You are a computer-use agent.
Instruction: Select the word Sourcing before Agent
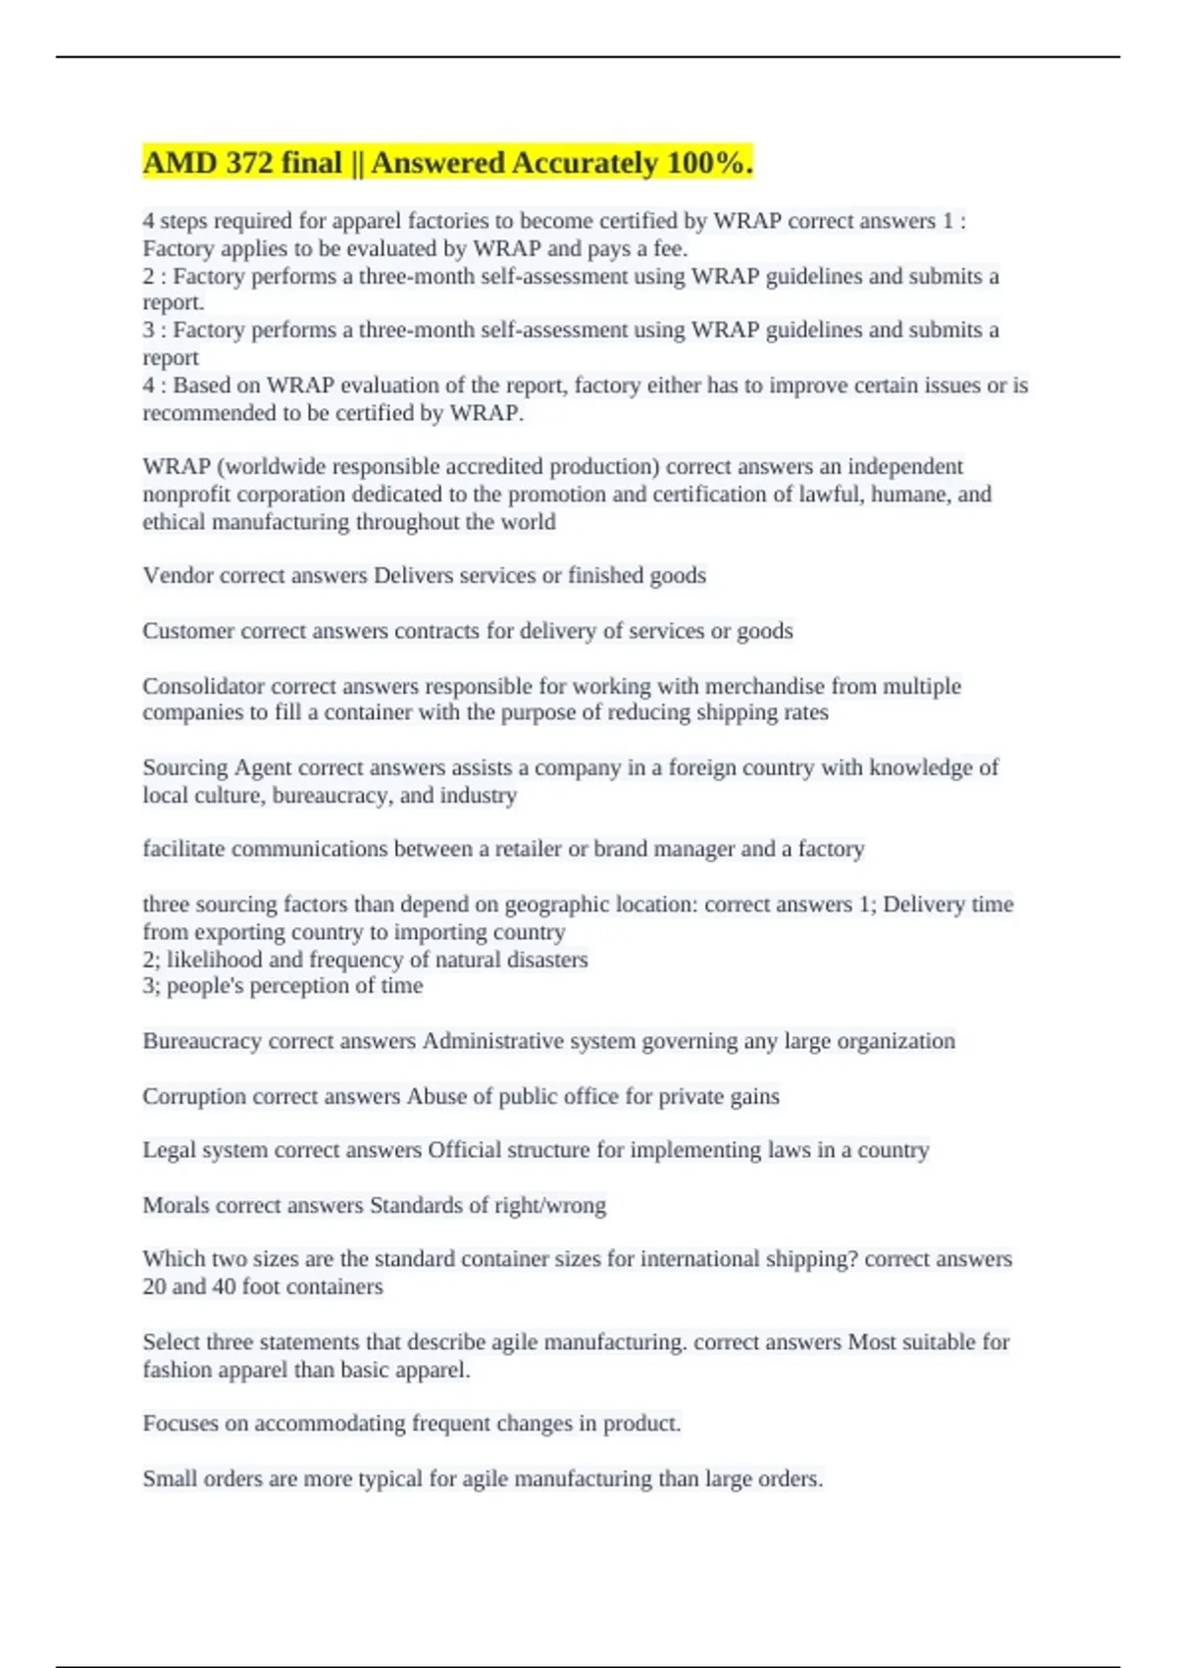(x=185, y=767)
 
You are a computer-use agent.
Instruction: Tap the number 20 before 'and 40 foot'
(x=154, y=1286)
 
